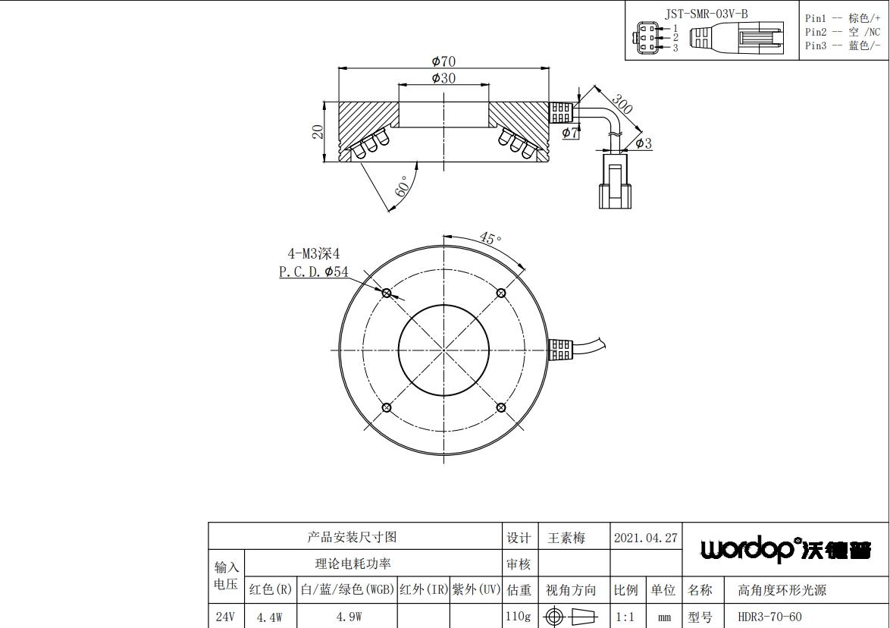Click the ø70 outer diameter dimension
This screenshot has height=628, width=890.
[444, 61]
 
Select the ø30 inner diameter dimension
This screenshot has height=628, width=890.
[444, 78]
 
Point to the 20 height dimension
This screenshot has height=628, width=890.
[318, 132]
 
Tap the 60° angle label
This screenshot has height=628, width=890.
[401, 187]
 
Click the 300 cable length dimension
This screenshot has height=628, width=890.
[622, 104]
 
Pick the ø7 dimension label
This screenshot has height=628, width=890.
[570, 133]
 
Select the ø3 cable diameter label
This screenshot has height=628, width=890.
[644, 143]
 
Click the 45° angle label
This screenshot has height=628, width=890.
[490, 238]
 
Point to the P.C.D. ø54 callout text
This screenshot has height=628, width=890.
[313, 272]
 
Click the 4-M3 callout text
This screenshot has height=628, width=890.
[313, 254]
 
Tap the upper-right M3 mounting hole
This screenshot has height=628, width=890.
[501, 293]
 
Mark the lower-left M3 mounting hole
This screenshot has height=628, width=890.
[387, 408]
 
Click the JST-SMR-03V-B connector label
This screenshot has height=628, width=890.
[706, 14]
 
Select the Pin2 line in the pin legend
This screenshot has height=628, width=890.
[842, 33]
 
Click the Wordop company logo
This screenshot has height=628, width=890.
[785, 548]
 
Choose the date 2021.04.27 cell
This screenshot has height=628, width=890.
[646, 538]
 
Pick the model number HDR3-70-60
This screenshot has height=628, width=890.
[769, 617]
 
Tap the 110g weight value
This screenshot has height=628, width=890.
[519, 616]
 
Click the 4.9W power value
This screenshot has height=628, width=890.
[349, 617]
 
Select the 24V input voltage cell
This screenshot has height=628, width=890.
[225, 617]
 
